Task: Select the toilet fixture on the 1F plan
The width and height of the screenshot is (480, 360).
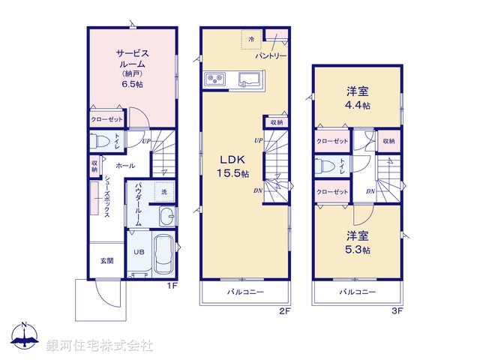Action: tap(100, 141)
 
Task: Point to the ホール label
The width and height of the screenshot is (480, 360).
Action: tap(126, 166)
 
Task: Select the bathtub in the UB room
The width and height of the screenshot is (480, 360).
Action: tap(162, 257)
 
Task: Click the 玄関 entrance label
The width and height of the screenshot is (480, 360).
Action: tap(106, 261)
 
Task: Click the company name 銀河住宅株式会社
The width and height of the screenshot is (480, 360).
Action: tap(99, 346)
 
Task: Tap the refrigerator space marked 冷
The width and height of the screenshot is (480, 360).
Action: tap(252, 40)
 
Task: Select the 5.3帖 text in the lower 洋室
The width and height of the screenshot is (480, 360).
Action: tap(357, 250)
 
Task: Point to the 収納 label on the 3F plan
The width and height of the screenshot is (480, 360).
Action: tap(388, 141)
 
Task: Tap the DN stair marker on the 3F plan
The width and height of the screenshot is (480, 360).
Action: tap(370, 191)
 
